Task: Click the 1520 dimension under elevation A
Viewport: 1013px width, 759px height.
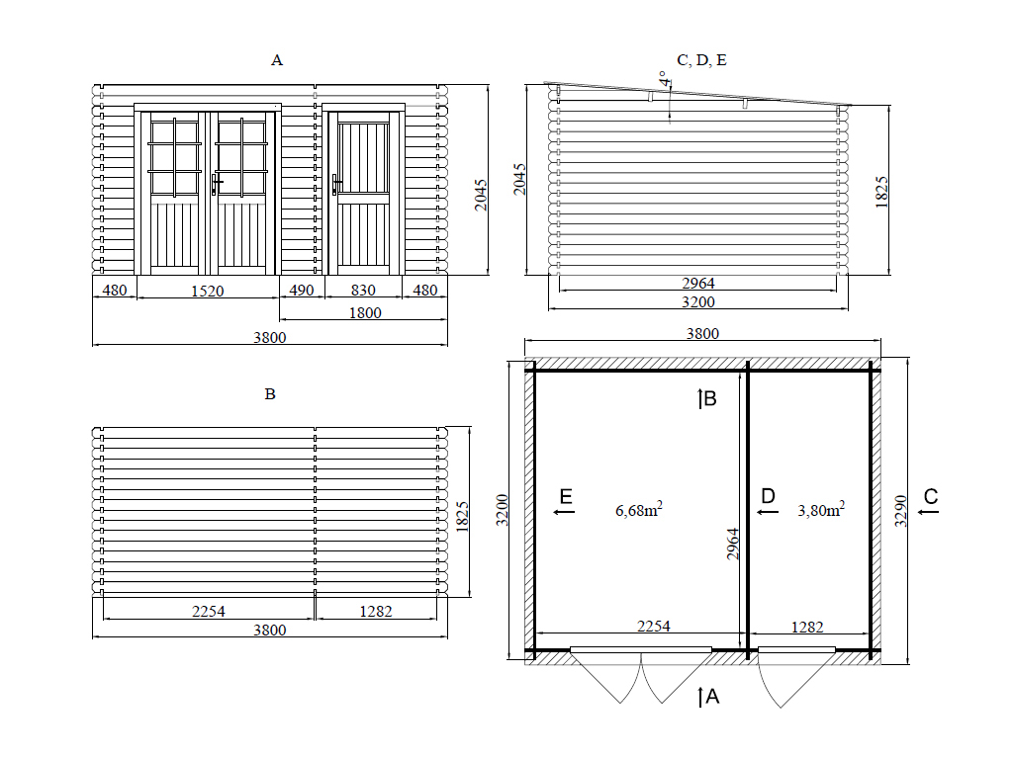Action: tap(208, 292)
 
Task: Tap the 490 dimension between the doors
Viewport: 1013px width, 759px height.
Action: tap(301, 291)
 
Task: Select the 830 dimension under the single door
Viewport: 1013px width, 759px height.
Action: tap(363, 291)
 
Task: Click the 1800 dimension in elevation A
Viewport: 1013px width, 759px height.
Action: tap(365, 313)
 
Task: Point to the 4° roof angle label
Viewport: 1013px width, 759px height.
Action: tap(664, 79)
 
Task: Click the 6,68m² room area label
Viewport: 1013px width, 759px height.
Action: tap(639, 510)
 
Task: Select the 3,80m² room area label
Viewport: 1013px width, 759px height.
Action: tap(821, 510)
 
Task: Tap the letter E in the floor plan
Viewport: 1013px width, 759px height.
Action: tap(566, 496)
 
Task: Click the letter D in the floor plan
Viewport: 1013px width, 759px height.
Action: tap(768, 496)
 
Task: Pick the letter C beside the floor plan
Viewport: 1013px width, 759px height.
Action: tap(931, 496)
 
